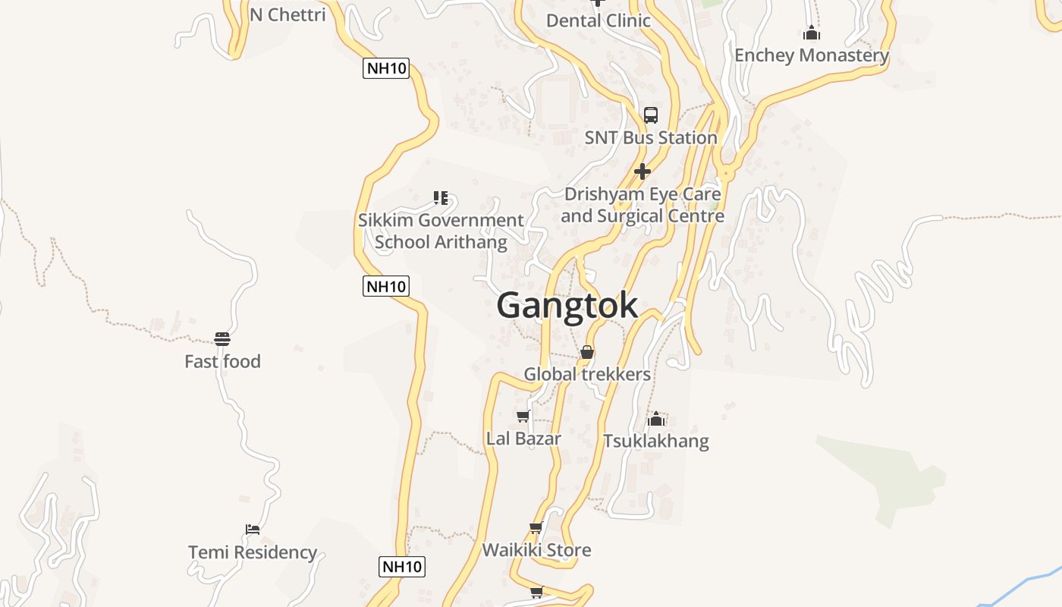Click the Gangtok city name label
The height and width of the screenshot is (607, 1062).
tap(567, 305)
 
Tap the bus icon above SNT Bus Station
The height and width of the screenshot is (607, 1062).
tap(651, 115)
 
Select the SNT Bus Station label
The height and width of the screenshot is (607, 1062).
tap(651, 137)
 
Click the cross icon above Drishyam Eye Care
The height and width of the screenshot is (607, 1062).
tap(643, 171)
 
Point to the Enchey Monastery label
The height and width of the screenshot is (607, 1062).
tap(811, 55)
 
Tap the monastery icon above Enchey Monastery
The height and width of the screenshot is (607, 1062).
tap(812, 33)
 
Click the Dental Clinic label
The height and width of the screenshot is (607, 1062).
tap(599, 20)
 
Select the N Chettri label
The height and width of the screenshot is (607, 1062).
tap(287, 14)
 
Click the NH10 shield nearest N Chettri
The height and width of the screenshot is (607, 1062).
tap(386, 68)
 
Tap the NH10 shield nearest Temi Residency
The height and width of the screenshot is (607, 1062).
tap(401, 566)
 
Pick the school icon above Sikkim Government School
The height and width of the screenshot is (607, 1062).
tap(441, 198)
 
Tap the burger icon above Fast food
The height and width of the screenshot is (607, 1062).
tap(222, 338)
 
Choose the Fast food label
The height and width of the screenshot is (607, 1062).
tap(222, 361)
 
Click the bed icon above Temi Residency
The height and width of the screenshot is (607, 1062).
tap(253, 529)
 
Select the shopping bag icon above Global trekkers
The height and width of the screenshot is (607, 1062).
tap(587, 352)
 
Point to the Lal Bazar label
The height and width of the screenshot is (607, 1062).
tap(523, 439)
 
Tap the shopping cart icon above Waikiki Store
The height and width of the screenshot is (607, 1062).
tap(536, 527)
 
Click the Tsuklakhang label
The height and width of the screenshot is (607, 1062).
tap(656, 441)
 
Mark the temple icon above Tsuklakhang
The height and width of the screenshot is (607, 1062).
tap(656, 418)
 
